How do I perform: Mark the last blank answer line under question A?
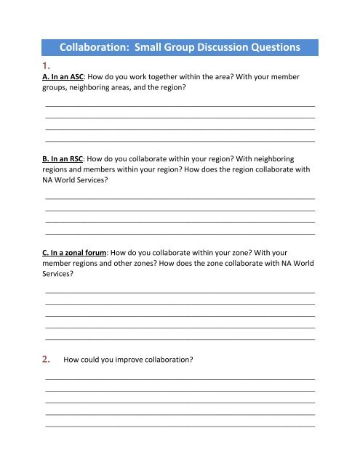(180, 140)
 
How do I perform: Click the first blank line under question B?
(180, 198)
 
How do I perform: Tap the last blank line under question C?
(180, 339)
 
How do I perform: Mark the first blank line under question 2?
(180, 379)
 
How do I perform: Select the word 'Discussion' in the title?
(220, 48)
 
